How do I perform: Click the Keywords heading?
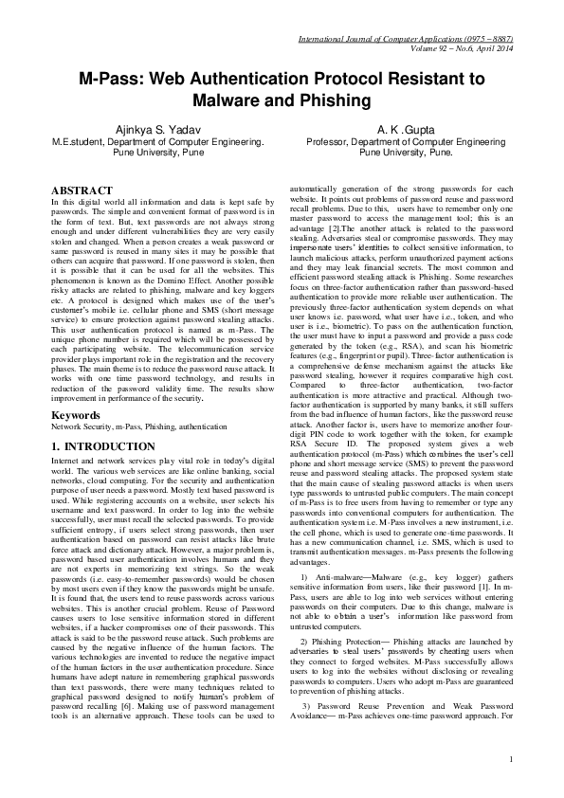click(76, 415)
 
